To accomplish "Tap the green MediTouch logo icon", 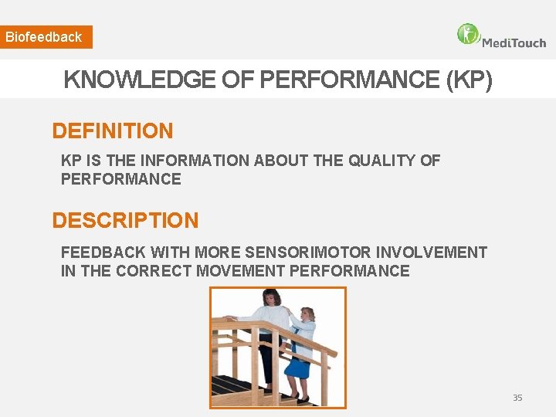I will [468, 34].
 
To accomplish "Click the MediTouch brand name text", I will [514, 42].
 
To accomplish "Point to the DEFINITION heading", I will [113, 131].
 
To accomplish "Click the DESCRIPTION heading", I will [125, 221].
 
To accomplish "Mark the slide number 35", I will [517, 398].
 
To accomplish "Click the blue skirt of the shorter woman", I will [297, 368].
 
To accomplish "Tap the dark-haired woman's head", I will [272, 297].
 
